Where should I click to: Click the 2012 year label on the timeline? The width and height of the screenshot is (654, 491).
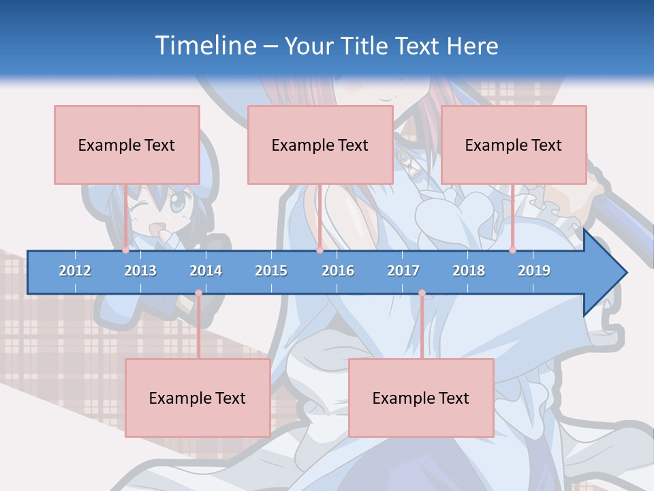click(75, 271)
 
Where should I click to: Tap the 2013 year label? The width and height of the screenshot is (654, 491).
click(140, 271)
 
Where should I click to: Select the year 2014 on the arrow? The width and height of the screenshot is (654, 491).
click(206, 271)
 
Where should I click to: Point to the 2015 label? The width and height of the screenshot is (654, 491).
click(271, 271)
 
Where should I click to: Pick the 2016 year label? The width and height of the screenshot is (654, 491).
click(338, 271)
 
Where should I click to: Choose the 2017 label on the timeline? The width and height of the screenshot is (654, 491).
click(403, 271)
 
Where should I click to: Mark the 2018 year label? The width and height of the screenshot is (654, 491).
click(469, 271)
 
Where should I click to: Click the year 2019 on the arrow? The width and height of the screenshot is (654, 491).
click(534, 271)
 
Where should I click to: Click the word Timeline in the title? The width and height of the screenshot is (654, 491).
click(205, 46)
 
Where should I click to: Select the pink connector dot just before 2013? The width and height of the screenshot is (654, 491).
click(126, 250)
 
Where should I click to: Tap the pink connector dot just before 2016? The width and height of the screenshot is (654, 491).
click(320, 250)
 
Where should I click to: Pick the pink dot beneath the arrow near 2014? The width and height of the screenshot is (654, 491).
click(198, 293)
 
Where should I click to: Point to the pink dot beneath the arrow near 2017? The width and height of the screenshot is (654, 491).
click(422, 293)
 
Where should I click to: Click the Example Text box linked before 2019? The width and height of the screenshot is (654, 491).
click(514, 145)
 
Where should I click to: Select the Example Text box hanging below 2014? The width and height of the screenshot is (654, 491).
click(198, 398)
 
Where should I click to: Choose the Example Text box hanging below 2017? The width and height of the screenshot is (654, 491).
click(421, 398)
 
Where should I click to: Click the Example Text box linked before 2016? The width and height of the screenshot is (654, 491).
click(320, 145)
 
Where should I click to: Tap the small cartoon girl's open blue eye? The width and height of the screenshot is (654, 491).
click(176, 203)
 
